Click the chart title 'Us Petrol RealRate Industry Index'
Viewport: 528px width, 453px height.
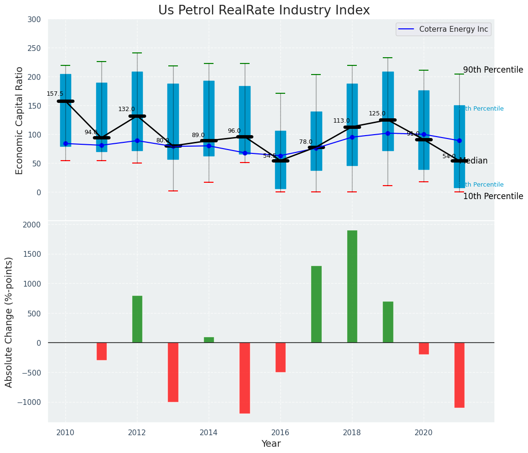pos(264,11)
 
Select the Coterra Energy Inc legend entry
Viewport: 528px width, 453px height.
pos(443,29)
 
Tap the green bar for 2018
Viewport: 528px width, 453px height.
pos(352,286)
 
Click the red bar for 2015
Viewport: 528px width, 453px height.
pos(244,377)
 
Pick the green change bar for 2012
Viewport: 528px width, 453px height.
pos(137,319)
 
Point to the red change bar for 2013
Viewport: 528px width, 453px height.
pos(173,372)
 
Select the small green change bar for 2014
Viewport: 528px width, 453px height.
pos(209,340)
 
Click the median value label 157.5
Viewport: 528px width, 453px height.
pos(55,94)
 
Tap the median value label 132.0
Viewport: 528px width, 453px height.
pos(126,109)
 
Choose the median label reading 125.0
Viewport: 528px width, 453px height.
pos(377,113)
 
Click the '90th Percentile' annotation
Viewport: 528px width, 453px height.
pos(493,70)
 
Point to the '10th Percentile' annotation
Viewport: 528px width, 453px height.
pos(493,196)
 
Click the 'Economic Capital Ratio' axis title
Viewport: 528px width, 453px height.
pos(20,120)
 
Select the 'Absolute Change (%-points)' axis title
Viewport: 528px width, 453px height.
pos(9,322)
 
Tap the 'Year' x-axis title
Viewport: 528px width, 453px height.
pos(271,444)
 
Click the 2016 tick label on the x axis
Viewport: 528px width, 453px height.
pos(280,433)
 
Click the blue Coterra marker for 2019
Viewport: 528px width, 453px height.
pos(388,133)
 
